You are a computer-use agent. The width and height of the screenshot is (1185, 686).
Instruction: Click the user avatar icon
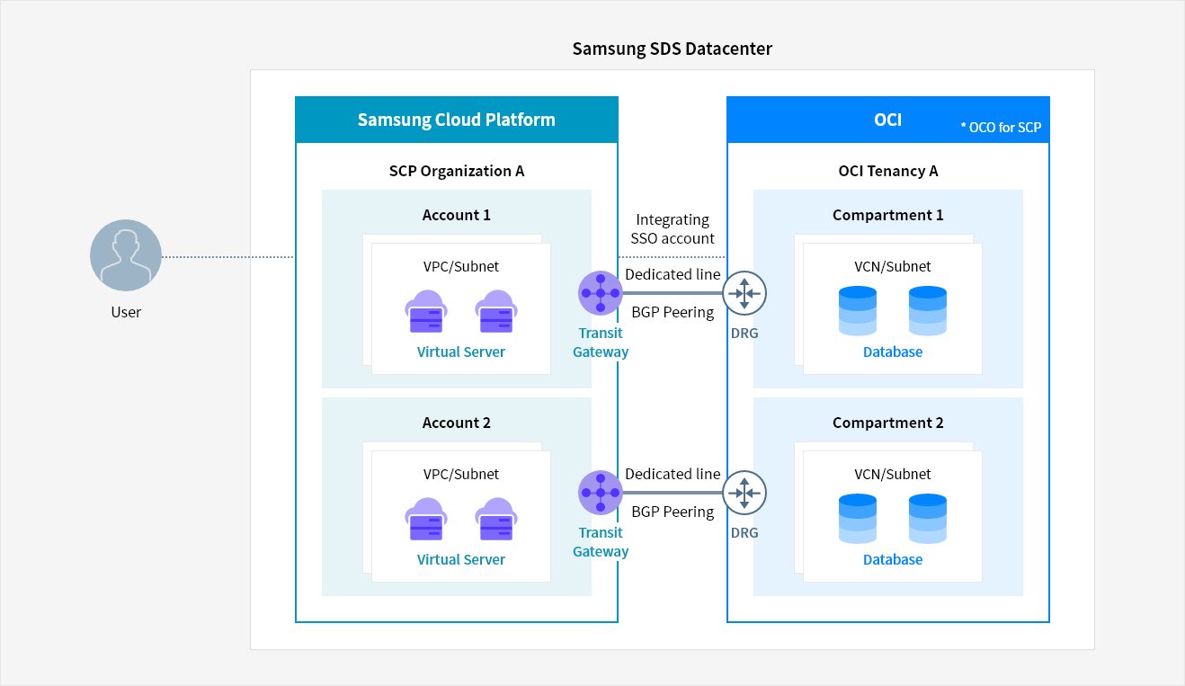tap(126, 255)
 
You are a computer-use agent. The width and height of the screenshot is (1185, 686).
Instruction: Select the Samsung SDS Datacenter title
tap(672, 49)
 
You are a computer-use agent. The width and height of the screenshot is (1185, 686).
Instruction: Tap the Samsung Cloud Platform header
tap(457, 120)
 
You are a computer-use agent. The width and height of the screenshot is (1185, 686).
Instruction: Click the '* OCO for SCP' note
tap(1001, 127)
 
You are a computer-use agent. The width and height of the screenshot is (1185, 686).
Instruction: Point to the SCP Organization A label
tap(457, 171)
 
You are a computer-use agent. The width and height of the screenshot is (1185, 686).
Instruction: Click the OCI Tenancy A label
tap(888, 171)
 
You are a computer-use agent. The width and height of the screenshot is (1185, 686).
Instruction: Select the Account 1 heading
tap(457, 215)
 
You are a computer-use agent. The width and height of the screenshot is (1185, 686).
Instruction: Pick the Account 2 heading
tap(457, 423)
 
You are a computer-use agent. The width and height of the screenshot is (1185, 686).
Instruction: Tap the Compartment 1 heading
tap(888, 215)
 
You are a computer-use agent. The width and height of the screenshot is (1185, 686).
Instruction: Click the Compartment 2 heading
tap(888, 423)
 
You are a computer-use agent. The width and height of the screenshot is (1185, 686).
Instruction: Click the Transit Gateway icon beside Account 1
tap(601, 292)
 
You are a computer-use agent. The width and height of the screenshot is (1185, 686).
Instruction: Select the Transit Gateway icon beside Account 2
tap(601, 493)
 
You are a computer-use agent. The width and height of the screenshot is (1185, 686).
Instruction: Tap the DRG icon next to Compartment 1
tap(744, 293)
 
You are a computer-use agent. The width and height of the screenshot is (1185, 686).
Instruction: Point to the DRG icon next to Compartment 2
tap(744, 493)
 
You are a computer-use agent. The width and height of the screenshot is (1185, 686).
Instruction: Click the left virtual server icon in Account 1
tap(426, 311)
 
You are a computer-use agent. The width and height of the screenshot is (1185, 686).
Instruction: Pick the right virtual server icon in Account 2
tap(496, 519)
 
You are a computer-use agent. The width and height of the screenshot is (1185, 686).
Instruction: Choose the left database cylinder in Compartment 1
tap(858, 310)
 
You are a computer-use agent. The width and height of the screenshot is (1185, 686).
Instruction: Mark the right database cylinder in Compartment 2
tap(928, 519)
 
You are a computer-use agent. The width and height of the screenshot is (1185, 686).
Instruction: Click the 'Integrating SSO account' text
tap(673, 229)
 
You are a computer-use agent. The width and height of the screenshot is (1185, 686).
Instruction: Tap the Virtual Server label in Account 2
tap(460, 559)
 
